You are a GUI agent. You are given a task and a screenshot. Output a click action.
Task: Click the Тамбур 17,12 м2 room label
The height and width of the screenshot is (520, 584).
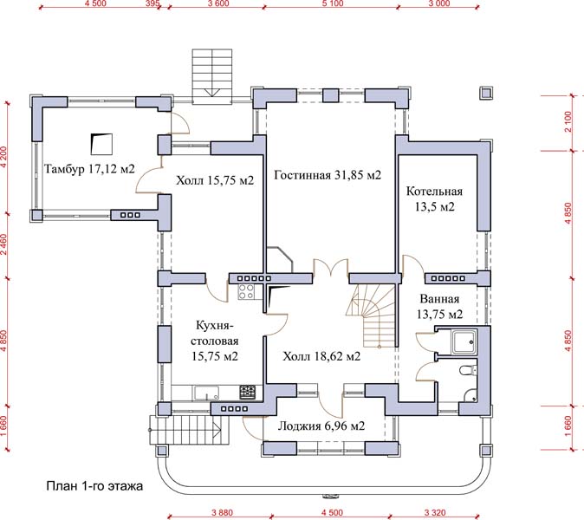[x=89, y=170]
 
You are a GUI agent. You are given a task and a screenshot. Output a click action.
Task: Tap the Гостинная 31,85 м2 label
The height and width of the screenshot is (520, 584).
[x=328, y=175]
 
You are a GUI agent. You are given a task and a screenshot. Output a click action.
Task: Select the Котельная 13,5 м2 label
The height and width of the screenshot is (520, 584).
[x=434, y=199]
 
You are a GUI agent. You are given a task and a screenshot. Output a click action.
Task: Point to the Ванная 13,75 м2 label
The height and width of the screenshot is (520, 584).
[x=439, y=307]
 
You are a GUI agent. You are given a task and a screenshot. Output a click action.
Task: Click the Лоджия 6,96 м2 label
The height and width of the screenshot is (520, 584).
[x=321, y=426]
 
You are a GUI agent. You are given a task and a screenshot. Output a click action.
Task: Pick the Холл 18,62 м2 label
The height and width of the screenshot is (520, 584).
[x=321, y=356]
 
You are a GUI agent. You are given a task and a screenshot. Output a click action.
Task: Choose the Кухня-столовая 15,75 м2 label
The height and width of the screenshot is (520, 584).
[x=215, y=341]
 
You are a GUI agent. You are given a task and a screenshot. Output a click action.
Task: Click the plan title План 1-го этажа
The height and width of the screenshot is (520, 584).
[x=94, y=486]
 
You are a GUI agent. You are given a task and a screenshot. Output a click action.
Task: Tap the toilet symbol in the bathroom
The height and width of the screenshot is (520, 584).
[x=468, y=371]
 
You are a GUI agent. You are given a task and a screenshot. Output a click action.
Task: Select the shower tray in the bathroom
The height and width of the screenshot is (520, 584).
[x=464, y=341]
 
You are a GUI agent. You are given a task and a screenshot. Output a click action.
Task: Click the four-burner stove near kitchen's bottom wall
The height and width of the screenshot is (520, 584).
[x=247, y=393]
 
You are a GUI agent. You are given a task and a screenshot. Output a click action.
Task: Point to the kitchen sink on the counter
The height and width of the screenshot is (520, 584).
[x=206, y=393]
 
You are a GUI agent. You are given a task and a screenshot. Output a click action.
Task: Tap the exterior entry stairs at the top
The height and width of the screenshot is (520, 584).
[x=212, y=75]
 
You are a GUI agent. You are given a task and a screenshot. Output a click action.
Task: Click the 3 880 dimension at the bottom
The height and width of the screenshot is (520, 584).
[x=222, y=513]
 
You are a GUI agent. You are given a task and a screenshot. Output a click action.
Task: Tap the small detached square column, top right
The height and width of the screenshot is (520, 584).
[x=486, y=93]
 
